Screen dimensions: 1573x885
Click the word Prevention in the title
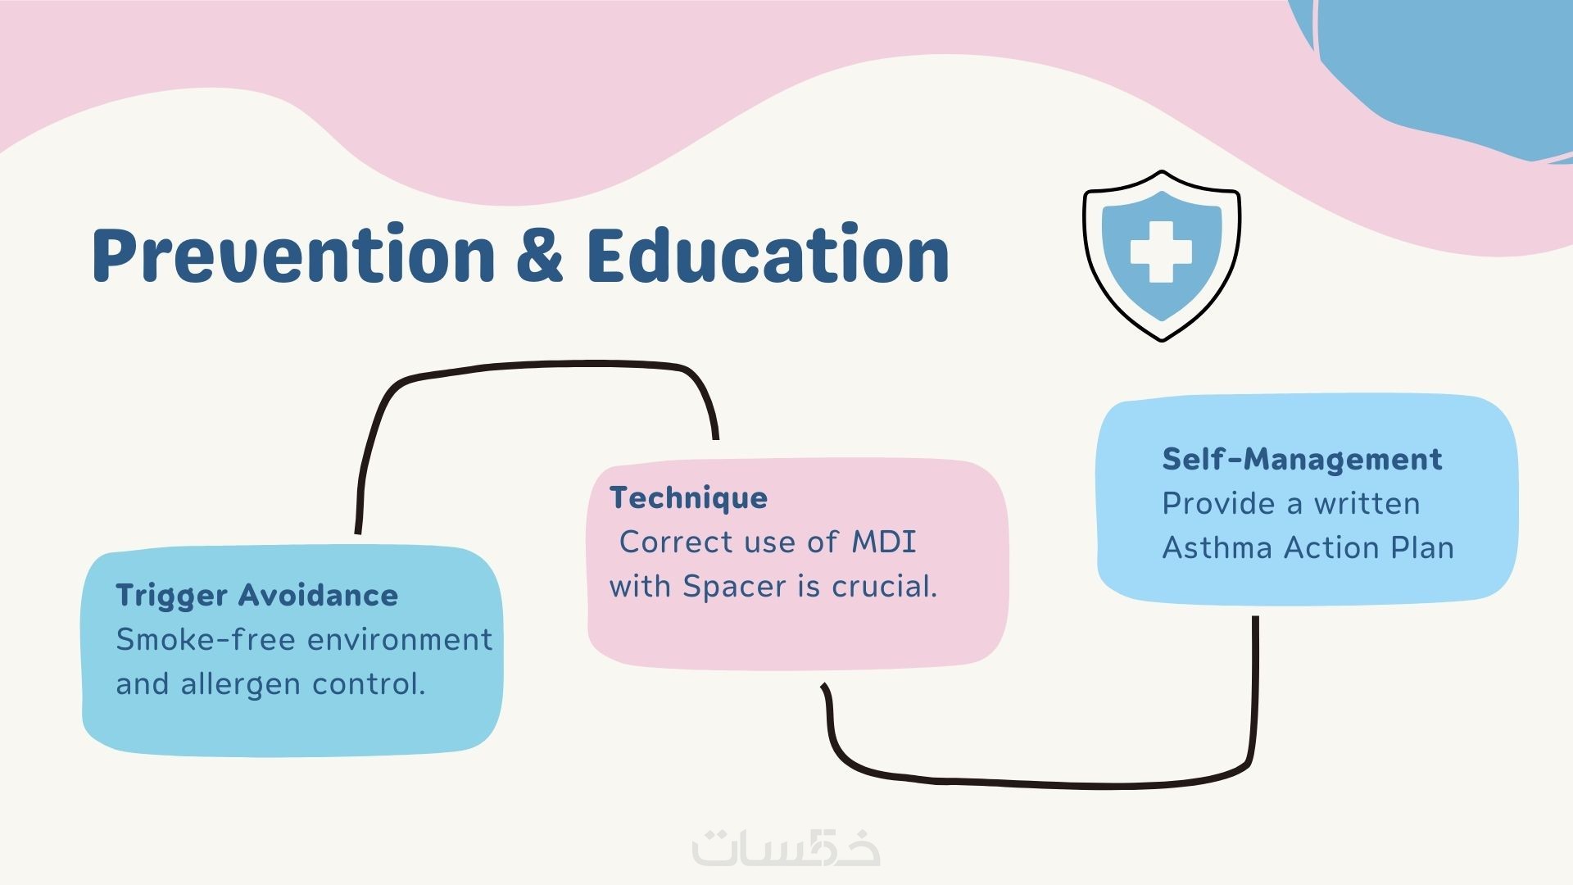point(293,254)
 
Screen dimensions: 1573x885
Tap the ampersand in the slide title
point(540,254)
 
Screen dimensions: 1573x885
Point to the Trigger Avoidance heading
point(256,596)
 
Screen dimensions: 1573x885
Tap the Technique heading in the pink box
point(688,498)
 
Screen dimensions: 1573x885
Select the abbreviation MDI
point(884,542)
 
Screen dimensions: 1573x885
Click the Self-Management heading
point(1302,459)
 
